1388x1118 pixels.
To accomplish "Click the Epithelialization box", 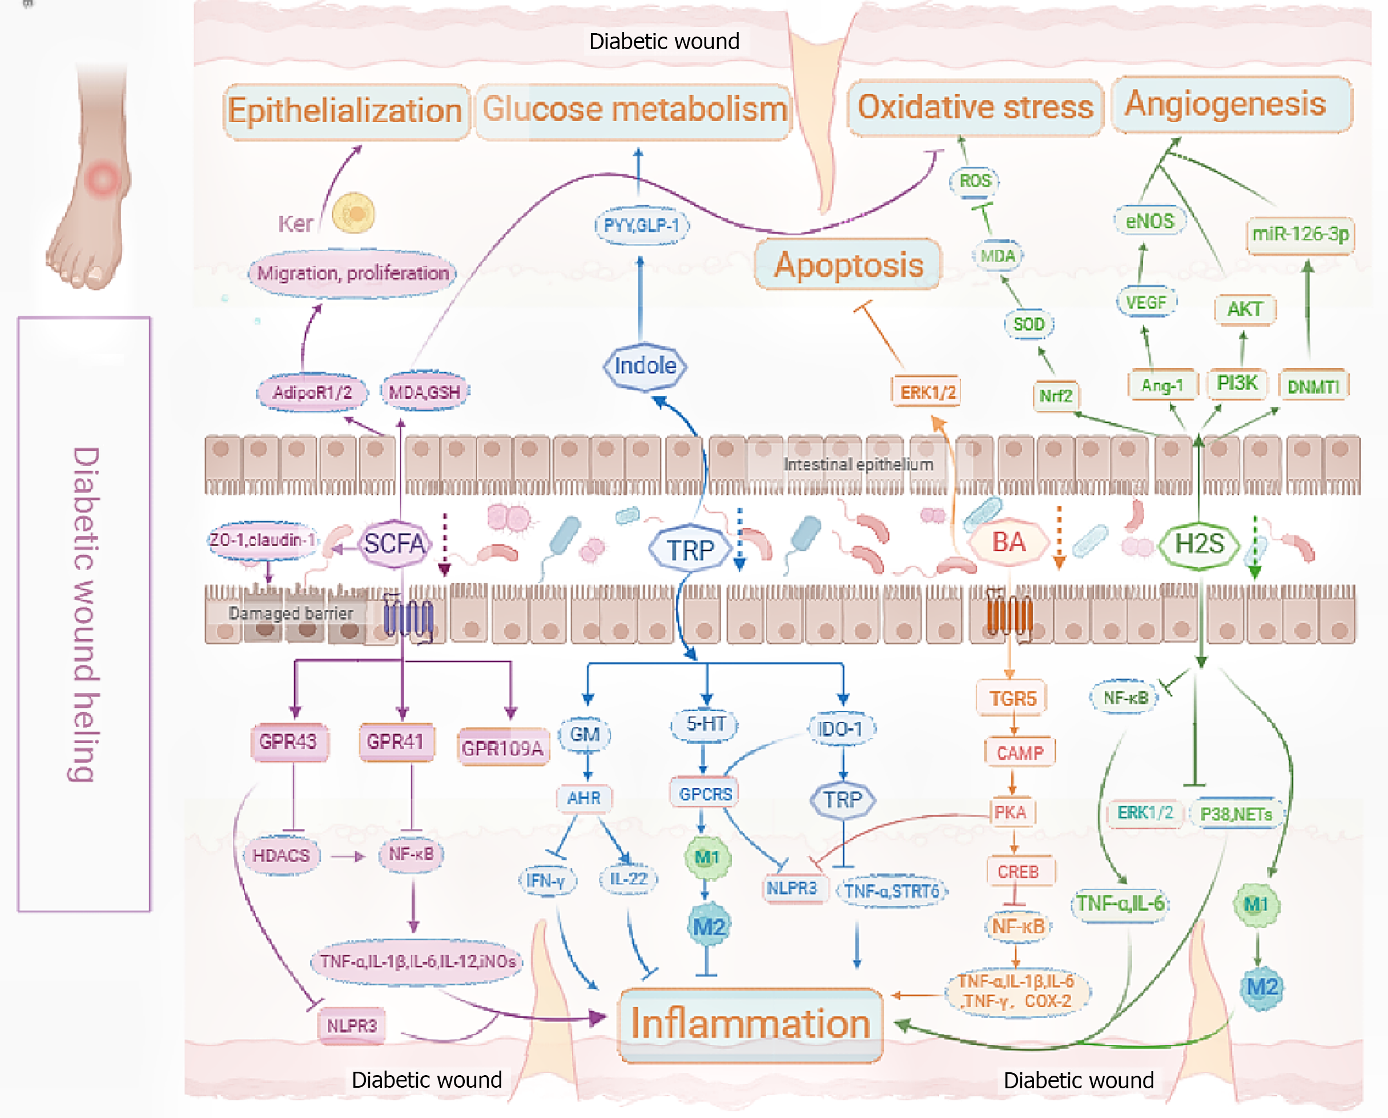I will (x=345, y=111).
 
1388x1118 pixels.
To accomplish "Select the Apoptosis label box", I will (x=848, y=265).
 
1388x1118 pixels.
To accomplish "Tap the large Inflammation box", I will (x=750, y=1023).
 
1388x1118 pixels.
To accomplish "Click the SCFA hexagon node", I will (x=394, y=544).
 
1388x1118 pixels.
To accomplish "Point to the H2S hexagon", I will (x=1199, y=544).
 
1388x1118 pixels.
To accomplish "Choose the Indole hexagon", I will (x=645, y=366).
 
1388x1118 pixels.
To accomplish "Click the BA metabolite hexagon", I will (x=1008, y=542).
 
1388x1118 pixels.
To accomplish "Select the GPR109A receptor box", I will (x=503, y=748).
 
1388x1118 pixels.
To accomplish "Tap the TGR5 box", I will (x=1013, y=699).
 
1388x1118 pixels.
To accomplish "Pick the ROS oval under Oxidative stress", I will (x=975, y=181).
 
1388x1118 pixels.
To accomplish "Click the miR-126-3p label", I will (x=1300, y=234).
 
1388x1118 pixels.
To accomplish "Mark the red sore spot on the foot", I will (x=102, y=178).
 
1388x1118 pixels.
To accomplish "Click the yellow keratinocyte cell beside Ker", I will (x=353, y=213).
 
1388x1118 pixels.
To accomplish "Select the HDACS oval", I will (x=281, y=855).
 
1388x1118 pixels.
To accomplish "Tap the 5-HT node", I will (x=705, y=724).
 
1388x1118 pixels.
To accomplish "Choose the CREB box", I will (x=1019, y=872).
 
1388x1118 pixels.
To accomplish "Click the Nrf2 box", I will (x=1056, y=395).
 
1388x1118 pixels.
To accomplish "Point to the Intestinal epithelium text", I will (x=858, y=464).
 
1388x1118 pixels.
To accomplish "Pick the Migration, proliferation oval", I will (x=353, y=273).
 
